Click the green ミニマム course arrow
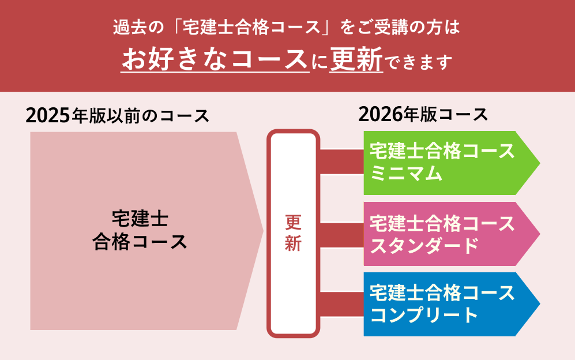coord(452,163)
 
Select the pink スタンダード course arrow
coord(452,234)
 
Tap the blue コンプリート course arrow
coord(452,304)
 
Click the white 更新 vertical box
coord(293,234)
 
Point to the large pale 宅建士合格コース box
coord(146,231)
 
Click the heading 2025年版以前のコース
coord(117,115)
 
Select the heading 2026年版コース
coord(423,114)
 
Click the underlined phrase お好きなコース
coord(215,59)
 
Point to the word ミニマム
coord(407,173)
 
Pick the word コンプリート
coord(424,315)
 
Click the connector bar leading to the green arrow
coord(342,162)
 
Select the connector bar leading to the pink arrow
coord(342,235)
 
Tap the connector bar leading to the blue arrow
coord(342,304)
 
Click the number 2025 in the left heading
coord(48,116)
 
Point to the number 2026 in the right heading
coord(380,114)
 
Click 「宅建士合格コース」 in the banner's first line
coord(252,28)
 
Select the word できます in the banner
coord(419,62)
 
